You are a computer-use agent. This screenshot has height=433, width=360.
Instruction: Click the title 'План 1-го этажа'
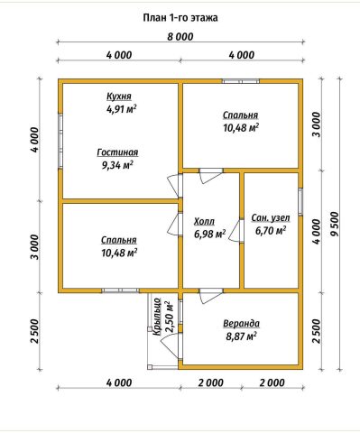180,18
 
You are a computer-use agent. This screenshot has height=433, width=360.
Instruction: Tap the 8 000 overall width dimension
180,37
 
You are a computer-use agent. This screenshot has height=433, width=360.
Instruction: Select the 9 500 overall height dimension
334,224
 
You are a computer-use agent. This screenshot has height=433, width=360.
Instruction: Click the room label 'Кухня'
119,97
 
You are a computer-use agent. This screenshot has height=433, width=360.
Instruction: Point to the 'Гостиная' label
117,152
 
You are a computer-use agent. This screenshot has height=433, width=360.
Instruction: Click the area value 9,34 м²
117,165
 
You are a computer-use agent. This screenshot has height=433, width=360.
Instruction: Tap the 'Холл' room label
205,221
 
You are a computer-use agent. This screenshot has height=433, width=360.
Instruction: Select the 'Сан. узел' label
271,218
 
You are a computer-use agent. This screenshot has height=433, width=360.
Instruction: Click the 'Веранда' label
241,324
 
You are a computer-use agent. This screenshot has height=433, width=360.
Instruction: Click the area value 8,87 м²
241,336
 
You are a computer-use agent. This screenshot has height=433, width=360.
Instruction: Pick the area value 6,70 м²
271,231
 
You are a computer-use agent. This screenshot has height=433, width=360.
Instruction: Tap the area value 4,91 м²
121,109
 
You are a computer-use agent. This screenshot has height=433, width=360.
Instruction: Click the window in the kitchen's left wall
60,141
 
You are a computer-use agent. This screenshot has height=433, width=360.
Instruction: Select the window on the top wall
241,81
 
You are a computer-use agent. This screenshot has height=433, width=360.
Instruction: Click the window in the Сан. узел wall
300,202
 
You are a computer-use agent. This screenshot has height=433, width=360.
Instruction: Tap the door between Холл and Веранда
211,295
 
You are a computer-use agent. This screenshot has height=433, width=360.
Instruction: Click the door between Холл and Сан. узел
236,231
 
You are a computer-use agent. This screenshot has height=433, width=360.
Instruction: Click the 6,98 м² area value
210,234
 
